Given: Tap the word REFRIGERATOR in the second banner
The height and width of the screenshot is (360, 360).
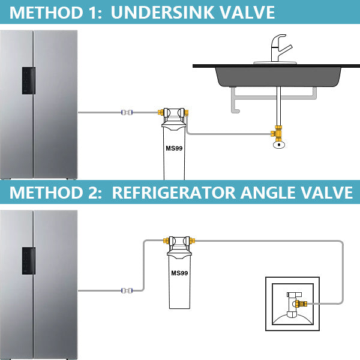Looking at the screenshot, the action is pos(174,193).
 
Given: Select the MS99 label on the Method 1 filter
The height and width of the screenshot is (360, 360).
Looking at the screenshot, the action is pos(174,148).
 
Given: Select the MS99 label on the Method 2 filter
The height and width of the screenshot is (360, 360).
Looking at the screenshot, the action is pos(179,273).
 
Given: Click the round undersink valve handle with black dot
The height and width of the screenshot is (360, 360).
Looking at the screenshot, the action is pos(279,145).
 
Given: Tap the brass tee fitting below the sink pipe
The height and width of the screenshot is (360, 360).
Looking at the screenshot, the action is pos(277,133).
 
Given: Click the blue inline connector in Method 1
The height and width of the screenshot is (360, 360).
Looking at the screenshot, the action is pos(127,112).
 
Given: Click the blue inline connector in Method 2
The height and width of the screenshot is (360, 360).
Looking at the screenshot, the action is pos(127,290).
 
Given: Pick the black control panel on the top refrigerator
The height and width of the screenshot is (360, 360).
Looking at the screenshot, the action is pos(29,80).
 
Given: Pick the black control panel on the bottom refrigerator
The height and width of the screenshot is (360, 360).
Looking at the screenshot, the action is pos(29,261).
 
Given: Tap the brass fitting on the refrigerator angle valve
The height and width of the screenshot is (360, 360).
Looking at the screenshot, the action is pos(301,304).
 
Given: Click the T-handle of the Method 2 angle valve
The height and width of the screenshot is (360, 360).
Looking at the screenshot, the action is pos(294,295).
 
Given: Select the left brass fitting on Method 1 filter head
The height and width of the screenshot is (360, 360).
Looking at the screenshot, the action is pos(161,112).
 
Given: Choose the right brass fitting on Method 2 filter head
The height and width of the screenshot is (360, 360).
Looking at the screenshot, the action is pos(193,241).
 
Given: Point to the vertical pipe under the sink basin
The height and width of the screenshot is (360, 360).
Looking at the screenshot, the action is pos(278,106).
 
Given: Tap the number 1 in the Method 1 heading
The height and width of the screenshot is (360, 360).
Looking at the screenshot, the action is pos(94,13).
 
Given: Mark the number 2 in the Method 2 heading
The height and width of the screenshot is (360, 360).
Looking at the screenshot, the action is pos(93,193).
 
